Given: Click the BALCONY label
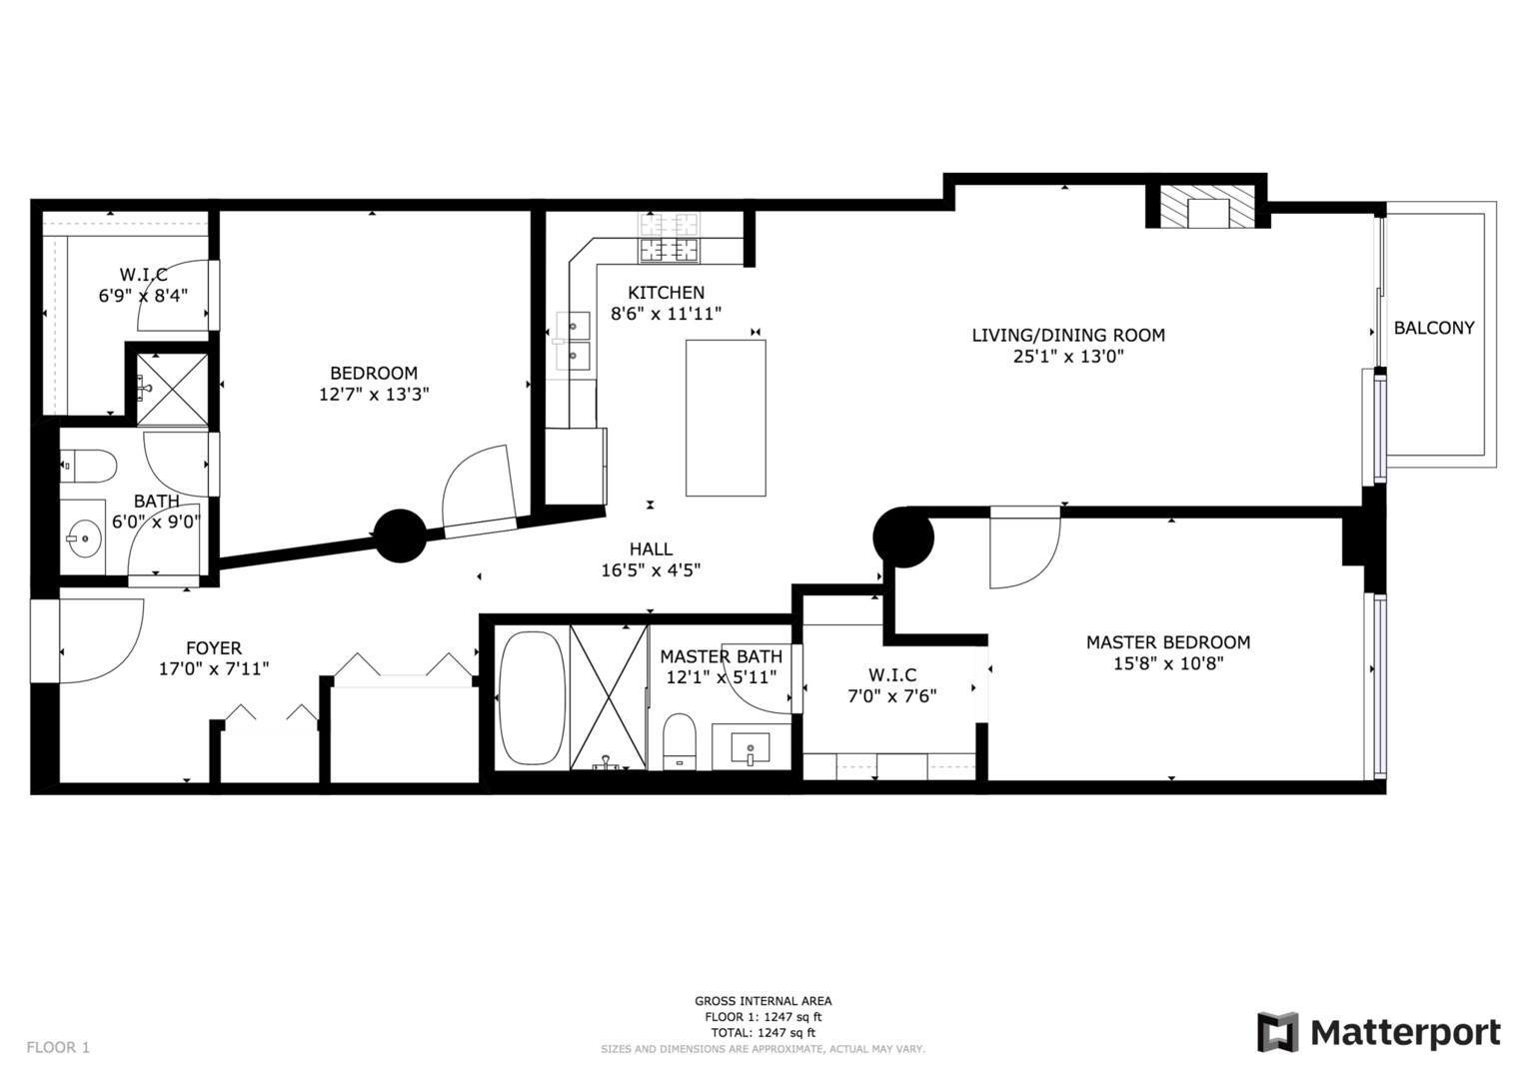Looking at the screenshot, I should point(1433,328).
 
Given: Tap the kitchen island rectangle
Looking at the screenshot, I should point(726,418).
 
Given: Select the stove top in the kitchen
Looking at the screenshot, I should point(670,240).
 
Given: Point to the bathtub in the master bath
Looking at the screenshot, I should point(532,696).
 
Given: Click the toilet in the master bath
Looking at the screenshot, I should point(680,741).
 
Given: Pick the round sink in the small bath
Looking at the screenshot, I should point(84,539).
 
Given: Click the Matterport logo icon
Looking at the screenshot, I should point(1277,1032).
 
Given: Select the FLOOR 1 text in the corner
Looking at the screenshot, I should point(58,1047).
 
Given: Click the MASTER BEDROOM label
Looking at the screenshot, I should point(1167,642).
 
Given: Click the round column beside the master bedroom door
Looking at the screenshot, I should point(902,538).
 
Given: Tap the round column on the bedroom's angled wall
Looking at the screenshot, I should point(400,537).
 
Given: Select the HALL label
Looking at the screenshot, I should point(651,548).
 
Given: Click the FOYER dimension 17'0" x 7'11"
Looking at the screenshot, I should point(214,668).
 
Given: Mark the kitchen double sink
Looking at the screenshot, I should point(573,340).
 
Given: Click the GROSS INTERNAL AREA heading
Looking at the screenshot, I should point(763,1001).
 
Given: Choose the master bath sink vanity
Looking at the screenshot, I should point(751,748).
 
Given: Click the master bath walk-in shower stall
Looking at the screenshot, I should point(609,696).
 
